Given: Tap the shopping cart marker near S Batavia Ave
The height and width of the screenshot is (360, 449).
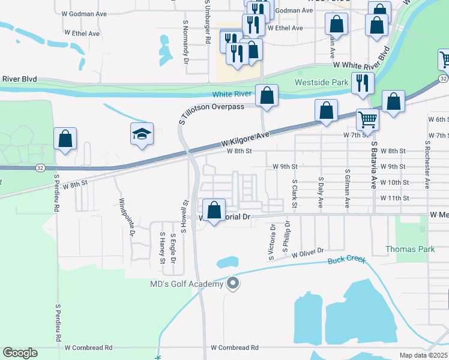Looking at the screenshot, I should point(367,119).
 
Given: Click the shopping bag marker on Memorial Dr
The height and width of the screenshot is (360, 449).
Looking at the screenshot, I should point(214,211).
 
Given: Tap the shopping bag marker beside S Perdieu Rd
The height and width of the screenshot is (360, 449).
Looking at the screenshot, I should point(65,139).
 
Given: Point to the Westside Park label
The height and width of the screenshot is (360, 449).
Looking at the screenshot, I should point(321,82).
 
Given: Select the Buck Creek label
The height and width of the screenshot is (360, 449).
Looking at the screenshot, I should point(346,261).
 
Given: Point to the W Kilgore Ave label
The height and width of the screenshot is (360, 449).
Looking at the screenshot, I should point(246,140).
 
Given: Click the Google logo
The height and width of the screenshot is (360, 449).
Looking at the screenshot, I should point(20,353).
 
